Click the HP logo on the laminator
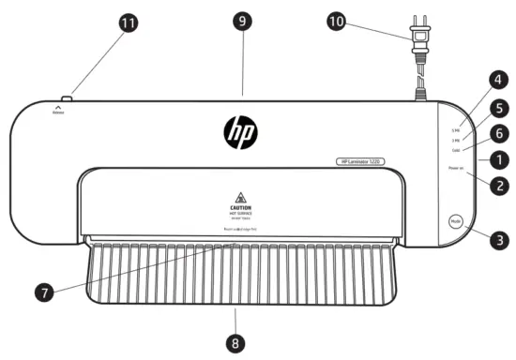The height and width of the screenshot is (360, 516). click(x=241, y=132)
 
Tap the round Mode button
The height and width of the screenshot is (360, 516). click(x=456, y=222)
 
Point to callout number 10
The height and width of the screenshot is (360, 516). click(x=360, y=20)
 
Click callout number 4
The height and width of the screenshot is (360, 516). click(x=498, y=82)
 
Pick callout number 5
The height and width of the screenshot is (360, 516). click(x=498, y=109)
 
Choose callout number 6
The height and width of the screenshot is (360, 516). click(x=498, y=135)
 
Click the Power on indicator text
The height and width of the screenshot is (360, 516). click(x=456, y=169)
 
